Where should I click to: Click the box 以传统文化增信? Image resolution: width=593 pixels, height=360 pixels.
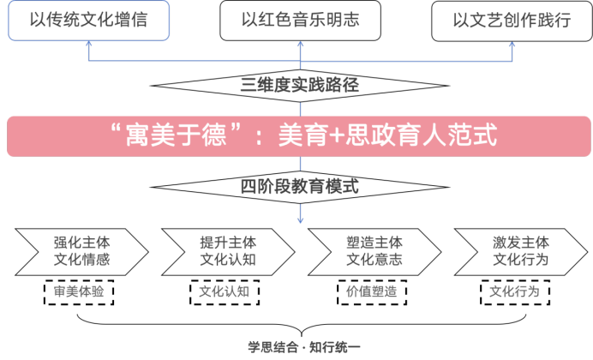click(x=88, y=21)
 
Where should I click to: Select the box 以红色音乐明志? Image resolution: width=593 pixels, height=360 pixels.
click(x=300, y=21)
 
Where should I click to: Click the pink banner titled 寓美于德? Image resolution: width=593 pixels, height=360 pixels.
click(x=297, y=136)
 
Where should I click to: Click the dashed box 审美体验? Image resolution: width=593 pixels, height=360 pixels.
click(x=80, y=292)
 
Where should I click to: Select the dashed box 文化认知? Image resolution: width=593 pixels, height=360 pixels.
click(x=224, y=292)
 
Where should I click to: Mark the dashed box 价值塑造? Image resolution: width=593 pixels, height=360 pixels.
click(x=371, y=292)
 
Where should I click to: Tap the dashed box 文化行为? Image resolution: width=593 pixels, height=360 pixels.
click(x=514, y=292)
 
